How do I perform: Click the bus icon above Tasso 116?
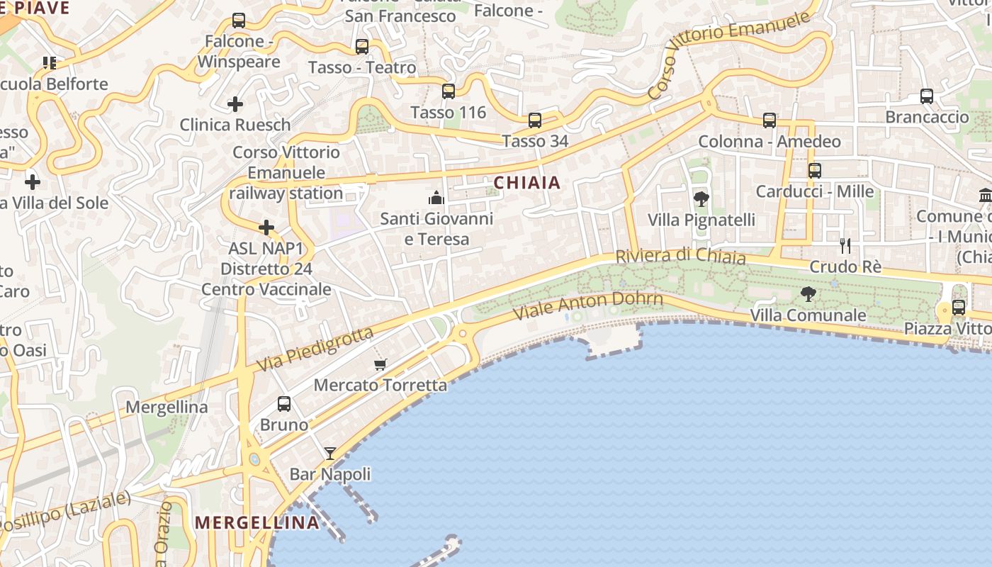pyautogui.click(x=448, y=91)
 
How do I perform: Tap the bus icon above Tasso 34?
pyautogui.click(x=535, y=120)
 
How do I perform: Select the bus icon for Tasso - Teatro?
pyautogui.click(x=361, y=47)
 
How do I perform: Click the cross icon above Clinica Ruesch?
pyautogui.click(x=235, y=104)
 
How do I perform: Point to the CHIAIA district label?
pyautogui.click(x=527, y=183)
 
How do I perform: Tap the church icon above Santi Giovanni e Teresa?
pyautogui.click(x=436, y=197)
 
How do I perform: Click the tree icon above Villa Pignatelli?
pyautogui.click(x=701, y=198)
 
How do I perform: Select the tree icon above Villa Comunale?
pyautogui.click(x=808, y=293)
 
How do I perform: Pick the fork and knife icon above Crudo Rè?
pyautogui.click(x=845, y=246)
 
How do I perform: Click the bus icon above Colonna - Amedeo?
pyautogui.click(x=770, y=120)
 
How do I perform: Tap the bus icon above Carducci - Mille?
pyautogui.click(x=815, y=170)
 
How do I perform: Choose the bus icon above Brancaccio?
pyautogui.click(x=926, y=96)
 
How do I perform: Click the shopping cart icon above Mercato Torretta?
pyautogui.click(x=381, y=364)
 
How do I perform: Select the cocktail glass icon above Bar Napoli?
pyautogui.click(x=330, y=453)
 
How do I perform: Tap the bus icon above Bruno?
pyautogui.click(x=284, y=404)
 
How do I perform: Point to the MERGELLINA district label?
pyautogui.click(x=257, y=523)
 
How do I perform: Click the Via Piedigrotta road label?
pyautogui.click(x=315, y=350)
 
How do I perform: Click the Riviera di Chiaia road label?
pyautogui.click(x=680, y=256)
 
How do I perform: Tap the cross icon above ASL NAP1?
pyautogui.click(x=266, y=228)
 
